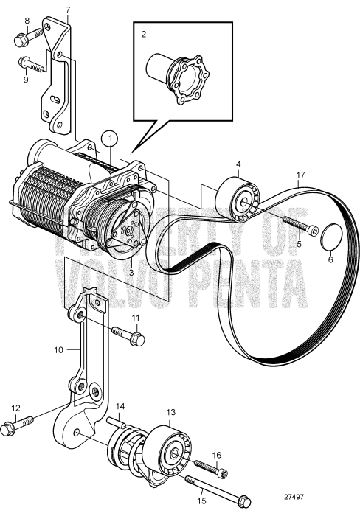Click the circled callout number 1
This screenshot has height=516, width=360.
click(110, 137)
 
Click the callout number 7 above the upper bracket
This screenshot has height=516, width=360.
click(68, 10)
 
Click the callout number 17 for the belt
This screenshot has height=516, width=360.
click(300, 176)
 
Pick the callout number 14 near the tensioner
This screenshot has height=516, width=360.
click(120, 406)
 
